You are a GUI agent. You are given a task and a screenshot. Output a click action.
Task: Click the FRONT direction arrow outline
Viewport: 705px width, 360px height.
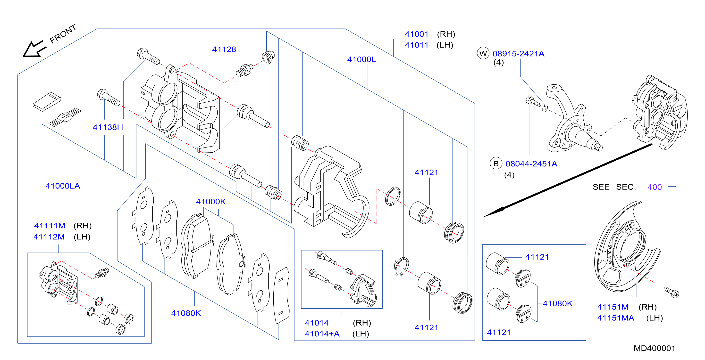[34, 49]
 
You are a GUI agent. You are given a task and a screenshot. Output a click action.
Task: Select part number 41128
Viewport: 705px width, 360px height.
[224, 49]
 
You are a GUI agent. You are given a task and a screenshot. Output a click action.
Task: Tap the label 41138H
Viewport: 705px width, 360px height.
[108, 127]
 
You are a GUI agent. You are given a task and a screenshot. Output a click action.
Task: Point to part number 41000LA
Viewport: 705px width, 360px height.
[63, 186]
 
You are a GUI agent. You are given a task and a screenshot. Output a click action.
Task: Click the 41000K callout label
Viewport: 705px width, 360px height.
[211, 202]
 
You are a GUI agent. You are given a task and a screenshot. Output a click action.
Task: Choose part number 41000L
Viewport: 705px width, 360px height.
[361, 59]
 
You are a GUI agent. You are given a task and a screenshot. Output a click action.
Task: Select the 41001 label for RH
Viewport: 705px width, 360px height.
[416, 34]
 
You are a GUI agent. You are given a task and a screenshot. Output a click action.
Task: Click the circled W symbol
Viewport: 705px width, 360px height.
[483, 53]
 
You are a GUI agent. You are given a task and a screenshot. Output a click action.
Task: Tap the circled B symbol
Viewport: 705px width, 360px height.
[496, 163]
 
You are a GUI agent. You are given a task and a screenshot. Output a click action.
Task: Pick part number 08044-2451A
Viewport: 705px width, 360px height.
[531, 164]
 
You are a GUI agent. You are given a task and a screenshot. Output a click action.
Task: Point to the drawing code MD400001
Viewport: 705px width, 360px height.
[654, 348]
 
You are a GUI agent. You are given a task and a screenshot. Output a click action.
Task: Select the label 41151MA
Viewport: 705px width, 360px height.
[615, 318]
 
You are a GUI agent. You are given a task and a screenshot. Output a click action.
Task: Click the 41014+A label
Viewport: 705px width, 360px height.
[322, 334]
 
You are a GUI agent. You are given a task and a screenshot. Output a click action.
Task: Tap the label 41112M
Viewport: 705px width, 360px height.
[49, 237]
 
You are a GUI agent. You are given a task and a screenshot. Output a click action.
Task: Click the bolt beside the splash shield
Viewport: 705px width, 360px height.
[671, 292]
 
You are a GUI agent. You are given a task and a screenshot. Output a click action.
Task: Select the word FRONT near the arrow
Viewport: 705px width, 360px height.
[63, 34]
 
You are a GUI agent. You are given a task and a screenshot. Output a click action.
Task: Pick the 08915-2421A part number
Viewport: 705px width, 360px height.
[518, 54]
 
